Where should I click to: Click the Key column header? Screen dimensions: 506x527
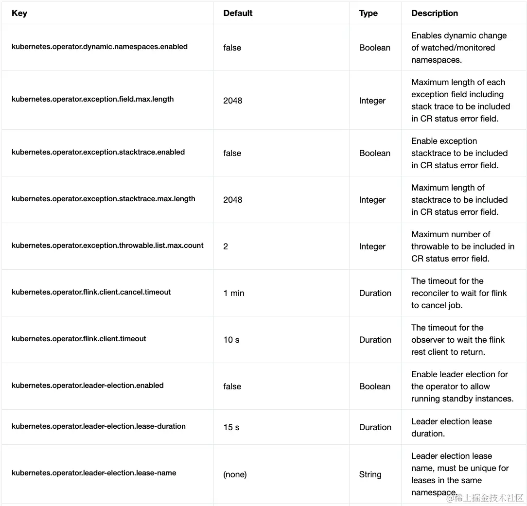pyautogui.click(x=19, y=13)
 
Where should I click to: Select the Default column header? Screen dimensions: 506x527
pyautogui.click(x=238, y=13)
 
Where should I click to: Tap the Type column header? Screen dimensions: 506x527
pyautogui.click(x=368, y=13)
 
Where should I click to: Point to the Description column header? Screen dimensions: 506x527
pyautogui.click(x=434, y=13)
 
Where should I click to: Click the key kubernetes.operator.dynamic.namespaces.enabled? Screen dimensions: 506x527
pyautogui.click(x=100, y=47)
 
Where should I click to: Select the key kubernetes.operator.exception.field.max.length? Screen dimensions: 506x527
pyautogui.click(x=92, y=99)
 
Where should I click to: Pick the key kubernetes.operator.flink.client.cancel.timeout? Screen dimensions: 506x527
pyautogui.click(x=91, y=292)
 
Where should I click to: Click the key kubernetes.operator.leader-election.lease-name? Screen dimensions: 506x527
pyautogui.click(x=94, y=472)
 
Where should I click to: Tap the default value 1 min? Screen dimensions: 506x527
pyautogui.click(x=234, y=293)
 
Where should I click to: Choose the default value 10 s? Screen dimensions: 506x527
pyautogui.click(x=231, y=340)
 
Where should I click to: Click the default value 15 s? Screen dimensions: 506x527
pyautogui.click(x=231, y=427)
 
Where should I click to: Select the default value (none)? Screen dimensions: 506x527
pyautogui.click(x=235, y=474)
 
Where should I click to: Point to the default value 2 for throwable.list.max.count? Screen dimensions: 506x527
pyautogui.click(x=226, y=246)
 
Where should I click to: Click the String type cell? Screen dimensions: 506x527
pyautogui.click(x=370, y=474)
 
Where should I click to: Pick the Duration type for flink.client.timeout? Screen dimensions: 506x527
pyautogui.click(x=375, y=340)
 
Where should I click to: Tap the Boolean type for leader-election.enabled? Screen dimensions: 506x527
pyautogui.click(x=374, y=386)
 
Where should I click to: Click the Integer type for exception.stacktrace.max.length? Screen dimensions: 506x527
pyautogui.click(x=372, y=200)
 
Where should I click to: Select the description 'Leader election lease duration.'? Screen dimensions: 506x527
pyautogui.click(x=452, y=427)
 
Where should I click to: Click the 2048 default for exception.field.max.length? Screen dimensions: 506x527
pyautogui.click(x=232, y=101)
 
